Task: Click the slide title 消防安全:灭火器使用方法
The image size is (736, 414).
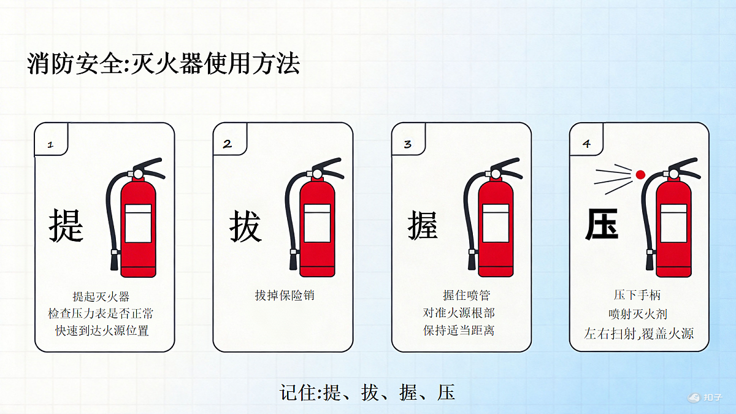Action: tap(163, 63)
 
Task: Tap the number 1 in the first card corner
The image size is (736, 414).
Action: tap(50, 145)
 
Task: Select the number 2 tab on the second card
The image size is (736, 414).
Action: tap(228, 144)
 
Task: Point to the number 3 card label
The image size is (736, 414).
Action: tap(407, 144)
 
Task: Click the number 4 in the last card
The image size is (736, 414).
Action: tap(586, 144)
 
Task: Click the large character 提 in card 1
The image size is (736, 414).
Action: tap(66, 226)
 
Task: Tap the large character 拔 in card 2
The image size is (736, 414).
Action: tap(245, 226)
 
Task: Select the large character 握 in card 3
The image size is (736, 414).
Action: tap(423, 226)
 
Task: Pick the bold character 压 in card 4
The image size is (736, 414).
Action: tap(602, 224)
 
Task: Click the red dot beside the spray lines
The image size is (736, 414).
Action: tap(640, 174)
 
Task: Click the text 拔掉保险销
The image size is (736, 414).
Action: tap(285, 296)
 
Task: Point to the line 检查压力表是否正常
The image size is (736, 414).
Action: tap(101, 313)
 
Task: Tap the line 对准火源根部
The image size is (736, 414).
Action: tap(459, 313)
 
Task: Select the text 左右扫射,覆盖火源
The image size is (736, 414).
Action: tap(638, 334)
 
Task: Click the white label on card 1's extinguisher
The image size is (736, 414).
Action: tap(139, 223)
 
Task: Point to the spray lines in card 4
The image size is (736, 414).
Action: tap(613, 179)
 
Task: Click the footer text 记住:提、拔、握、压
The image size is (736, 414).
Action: tap(367, 393)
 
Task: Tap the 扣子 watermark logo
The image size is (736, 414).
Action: tap(705, 397)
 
